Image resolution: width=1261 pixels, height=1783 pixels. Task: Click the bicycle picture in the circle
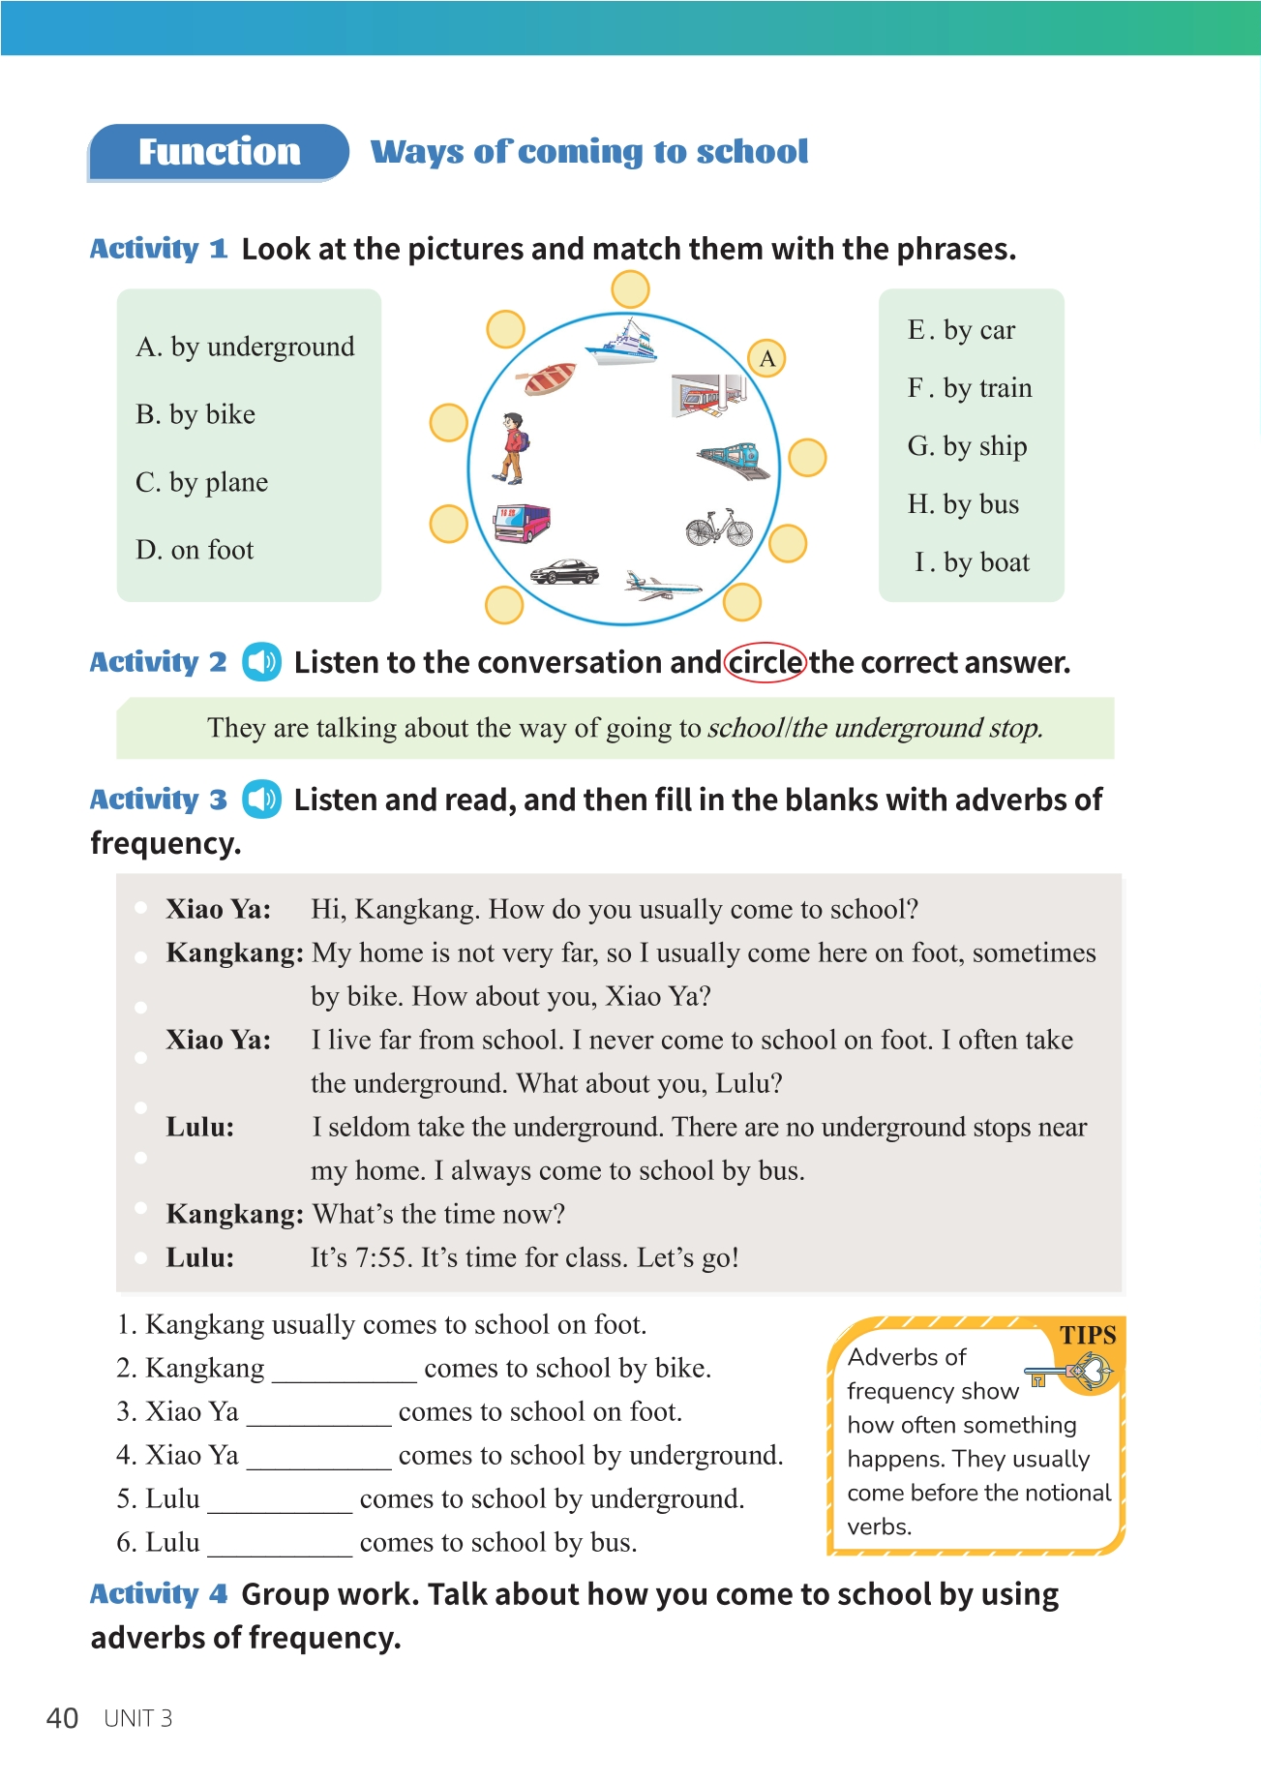click(719, 528)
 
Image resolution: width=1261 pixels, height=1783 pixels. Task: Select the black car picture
click(564, 571)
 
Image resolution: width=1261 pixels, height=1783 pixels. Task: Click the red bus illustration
click(521, 522)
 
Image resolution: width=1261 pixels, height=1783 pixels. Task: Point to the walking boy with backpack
click(511, 447)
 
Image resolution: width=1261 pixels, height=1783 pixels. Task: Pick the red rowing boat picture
click(550, 378)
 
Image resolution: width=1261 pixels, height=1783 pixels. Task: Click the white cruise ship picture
click(622, 343)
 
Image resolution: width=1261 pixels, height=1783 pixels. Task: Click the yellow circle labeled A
click(767, 358)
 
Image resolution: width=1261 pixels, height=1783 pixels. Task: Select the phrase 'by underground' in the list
click(261, 347)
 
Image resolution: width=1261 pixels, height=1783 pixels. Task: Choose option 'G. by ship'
click(967, 446)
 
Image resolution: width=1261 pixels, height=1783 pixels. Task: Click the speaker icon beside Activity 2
click(261, 662)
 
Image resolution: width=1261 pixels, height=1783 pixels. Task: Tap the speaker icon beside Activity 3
click(261, 800)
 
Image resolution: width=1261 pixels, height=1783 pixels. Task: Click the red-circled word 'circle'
click(765, 663)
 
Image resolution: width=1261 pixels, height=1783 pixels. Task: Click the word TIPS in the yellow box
click(1087, 1336)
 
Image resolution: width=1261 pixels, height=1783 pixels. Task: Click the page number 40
click(63, 1718)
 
